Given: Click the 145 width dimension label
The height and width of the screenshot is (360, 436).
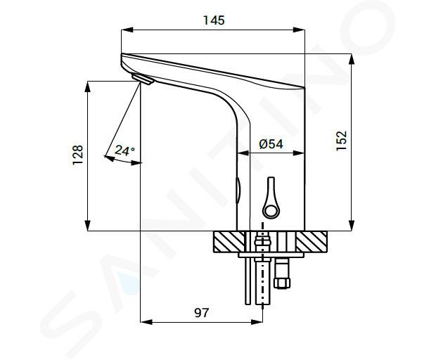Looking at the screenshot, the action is pos(214,20).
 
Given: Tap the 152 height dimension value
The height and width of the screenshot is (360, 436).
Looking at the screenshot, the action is pos(342,141).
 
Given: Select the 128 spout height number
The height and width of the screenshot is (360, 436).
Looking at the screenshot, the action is pos(77,155).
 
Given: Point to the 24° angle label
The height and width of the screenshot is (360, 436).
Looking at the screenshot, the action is pos(125,150).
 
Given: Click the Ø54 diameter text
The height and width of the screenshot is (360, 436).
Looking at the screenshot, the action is pos(271,144).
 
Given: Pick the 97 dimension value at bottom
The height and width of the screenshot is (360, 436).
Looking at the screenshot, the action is pos(201,313).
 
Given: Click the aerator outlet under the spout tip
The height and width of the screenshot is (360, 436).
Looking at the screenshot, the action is pos(143,79).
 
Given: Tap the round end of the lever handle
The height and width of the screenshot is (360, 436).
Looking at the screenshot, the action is pos(271,210).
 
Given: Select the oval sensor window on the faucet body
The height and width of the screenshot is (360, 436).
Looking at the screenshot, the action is pos(238,190).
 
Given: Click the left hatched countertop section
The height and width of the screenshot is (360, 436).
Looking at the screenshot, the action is pos(229,242).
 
